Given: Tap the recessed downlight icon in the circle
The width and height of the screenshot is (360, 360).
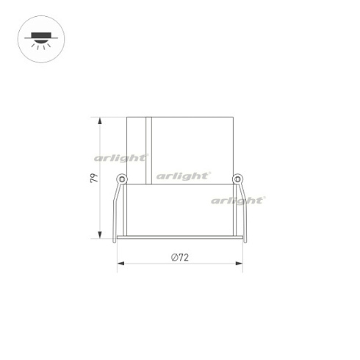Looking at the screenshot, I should [38, 38].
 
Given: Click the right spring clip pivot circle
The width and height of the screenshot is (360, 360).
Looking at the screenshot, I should [237, 178].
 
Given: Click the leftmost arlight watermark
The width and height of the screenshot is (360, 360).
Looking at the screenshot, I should [121, 156].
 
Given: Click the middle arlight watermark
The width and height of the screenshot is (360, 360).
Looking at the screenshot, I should [183, 175].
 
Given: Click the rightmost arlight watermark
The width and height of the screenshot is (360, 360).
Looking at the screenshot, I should [238, 199].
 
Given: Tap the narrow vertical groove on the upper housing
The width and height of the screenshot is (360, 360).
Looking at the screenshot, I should [150, 147].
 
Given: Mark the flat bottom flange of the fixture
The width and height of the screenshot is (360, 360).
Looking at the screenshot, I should [180, 240].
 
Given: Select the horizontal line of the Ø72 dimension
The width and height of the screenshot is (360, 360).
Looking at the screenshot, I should [147, 264].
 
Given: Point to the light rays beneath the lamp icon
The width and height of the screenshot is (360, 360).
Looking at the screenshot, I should [38, 45].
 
